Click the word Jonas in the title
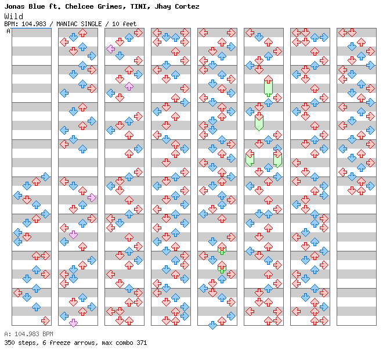pyautogui.click(x=15, y=6)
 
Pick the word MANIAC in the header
pyautogui.click(x=69, y=24)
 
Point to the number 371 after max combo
pyautogui.click(x=141, y=343)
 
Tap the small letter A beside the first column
pyautogui.click(x=8, y=31)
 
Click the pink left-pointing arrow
pyautogui.click(x=110, y=49)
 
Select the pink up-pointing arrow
pyautogui.click(x=129, y=86)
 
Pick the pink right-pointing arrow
pyautogui.click(x=92, y=197)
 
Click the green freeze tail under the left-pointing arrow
pyautogui.click(x=250, y=160)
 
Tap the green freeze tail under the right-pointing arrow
pyautogui.click(x=277, y=160)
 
